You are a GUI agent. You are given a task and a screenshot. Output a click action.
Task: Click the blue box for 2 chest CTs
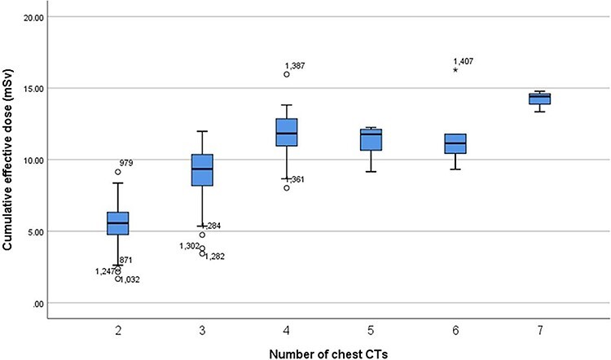pos(118,223)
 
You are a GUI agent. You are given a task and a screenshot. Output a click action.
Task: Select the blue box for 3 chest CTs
pos(202,169)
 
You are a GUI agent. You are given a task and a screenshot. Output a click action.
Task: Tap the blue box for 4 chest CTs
pos(287,132)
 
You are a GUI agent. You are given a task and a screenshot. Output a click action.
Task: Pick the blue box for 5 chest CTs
pos(371,139)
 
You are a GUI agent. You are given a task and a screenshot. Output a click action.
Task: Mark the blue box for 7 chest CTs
pos(539,99)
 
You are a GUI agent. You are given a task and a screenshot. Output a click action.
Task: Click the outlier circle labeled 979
pos(118,172)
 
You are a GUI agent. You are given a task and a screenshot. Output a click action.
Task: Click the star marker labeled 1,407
pos(455,70)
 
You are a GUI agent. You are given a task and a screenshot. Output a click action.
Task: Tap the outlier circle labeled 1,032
pos(118,279)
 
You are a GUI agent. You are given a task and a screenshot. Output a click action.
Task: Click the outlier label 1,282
pos(215,257)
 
